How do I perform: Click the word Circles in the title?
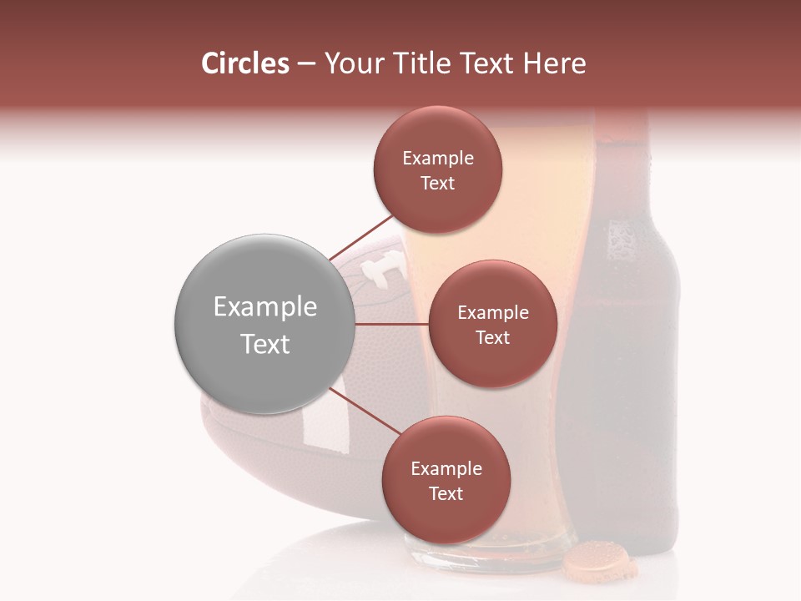(245, 63)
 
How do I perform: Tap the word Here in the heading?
(557, 63)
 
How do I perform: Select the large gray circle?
(264, 324)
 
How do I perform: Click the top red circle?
(437, 169)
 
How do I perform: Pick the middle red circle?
(492, 324)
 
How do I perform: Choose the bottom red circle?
(446, 480)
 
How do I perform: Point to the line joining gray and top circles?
(361, 237)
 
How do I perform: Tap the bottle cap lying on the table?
(599, 560)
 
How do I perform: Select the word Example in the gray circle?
(265, 307)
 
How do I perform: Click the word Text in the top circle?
(437, 183)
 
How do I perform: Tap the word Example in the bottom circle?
(446, 468)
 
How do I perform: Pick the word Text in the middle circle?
(492, 337)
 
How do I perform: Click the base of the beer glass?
(476, 555)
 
